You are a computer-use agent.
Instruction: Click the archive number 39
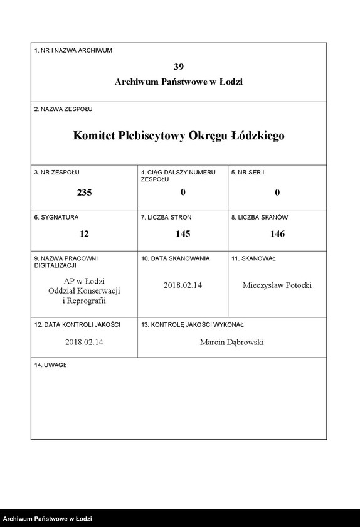[179, 67]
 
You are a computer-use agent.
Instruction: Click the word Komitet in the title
[94, 135]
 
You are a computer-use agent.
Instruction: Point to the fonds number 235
[84, 193]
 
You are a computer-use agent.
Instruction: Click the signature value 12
[84, 233]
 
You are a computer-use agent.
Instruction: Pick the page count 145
[183, 233]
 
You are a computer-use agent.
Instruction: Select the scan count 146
[277, 233]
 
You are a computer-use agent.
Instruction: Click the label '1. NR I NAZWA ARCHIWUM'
[73, 50]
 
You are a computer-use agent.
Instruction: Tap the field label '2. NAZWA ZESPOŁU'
[63, 109]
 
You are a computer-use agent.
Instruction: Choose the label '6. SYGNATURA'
[56, 217]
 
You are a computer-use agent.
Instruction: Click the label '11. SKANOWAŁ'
[253, 258]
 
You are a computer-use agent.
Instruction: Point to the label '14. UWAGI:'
[51, 365]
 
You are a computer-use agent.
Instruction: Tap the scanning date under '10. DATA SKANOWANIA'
[183, 285]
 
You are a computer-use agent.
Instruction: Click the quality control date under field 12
[84, 343]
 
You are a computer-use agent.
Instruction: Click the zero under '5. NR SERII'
[277, 193]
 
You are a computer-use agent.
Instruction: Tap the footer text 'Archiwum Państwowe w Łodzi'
[48, 519]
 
